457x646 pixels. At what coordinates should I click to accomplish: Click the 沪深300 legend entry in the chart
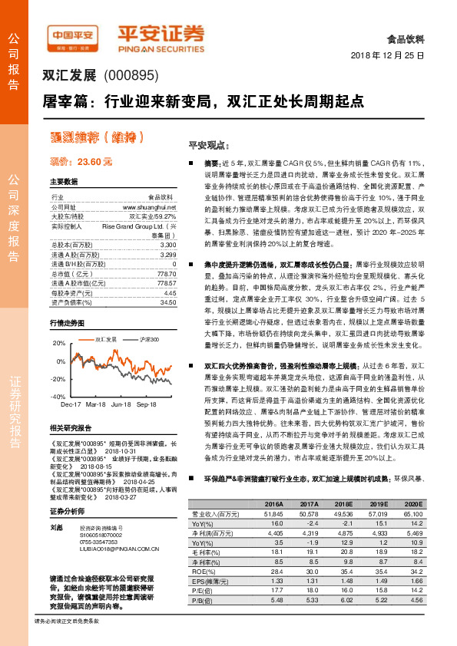click(x=150, y=338)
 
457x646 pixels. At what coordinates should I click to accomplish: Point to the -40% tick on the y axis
click(x=57, y=397)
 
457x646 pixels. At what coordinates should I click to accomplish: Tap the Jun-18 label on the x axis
click(x=121, y=404)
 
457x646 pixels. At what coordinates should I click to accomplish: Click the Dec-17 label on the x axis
click(x=71, y=404)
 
